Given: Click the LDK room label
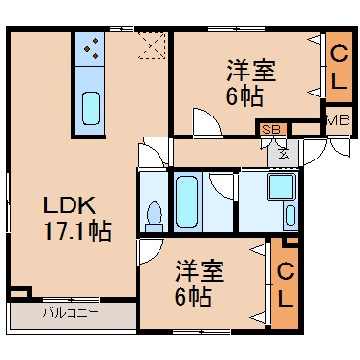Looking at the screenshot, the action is point(70,205).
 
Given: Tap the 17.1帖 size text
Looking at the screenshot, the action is point(77,231).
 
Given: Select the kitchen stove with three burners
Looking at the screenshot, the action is point(90,49).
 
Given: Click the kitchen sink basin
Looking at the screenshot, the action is point(92,108).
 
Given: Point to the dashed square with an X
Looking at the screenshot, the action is point(151,46).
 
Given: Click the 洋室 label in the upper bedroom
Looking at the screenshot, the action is point(251,71).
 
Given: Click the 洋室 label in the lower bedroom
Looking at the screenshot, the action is point(200,271).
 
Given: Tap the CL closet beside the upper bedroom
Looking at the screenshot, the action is point(339,67).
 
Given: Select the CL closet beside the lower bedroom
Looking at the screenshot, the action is point(285,285).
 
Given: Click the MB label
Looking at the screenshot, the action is point(339,120).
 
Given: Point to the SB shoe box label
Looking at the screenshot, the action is point(271,129).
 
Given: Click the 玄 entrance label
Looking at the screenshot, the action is point(284,154).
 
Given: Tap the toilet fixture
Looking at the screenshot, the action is point(155,217).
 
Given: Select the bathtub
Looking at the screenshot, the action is point(186,201).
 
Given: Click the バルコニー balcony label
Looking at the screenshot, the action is point(71,313).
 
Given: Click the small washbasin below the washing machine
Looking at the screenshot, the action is point(290,216).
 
